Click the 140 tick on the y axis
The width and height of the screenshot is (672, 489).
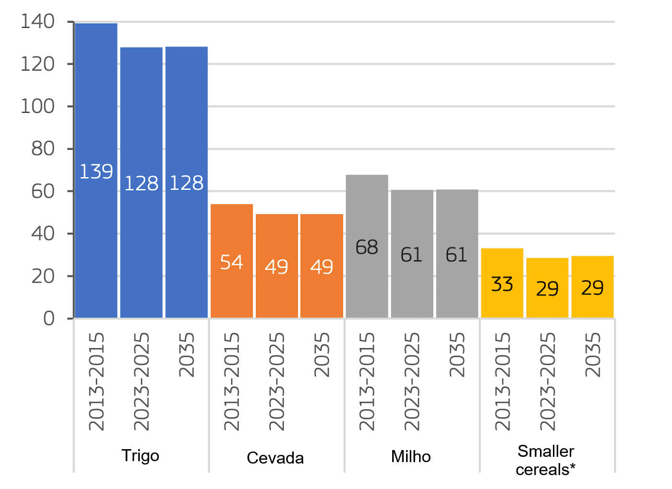37,22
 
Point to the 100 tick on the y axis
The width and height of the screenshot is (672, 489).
37,107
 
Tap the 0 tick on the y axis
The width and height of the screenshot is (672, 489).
48,318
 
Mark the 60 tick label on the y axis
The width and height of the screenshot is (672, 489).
43,192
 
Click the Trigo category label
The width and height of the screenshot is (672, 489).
140,455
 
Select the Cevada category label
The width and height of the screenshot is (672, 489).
275,458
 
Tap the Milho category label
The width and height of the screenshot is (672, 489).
411,456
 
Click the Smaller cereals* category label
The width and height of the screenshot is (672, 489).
546,460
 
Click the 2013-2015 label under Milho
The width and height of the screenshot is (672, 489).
367,381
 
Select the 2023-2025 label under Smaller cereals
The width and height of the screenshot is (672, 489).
548,381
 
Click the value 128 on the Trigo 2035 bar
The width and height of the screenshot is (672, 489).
187,183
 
